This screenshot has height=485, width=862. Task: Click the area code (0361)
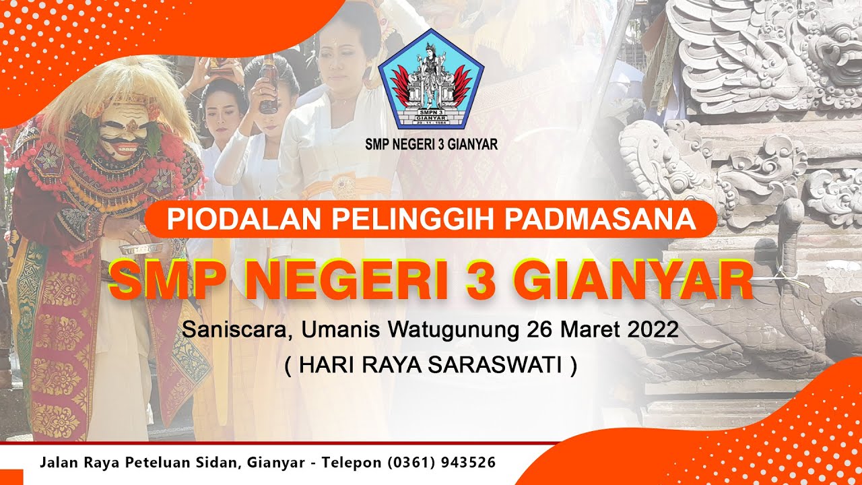[409, 463]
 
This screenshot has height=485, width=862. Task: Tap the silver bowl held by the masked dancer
[135, 250]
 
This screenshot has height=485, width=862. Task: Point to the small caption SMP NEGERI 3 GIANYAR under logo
[431, 144]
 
